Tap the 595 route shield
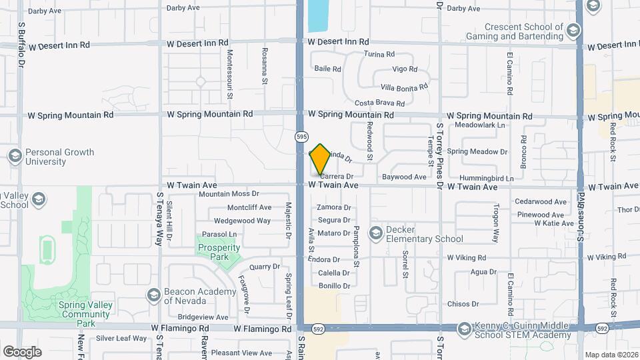tap(301, 137)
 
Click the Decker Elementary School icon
tap(377, 233)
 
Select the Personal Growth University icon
tap(15, 156)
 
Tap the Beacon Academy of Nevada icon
tap(153, 295)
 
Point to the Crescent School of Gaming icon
tap(573, 30)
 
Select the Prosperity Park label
tap(219, 252)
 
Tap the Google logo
tap(22, 351)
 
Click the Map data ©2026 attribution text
tap(610, 355)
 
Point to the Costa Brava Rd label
tap(379, 103)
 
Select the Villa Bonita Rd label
tap(403, 87)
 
